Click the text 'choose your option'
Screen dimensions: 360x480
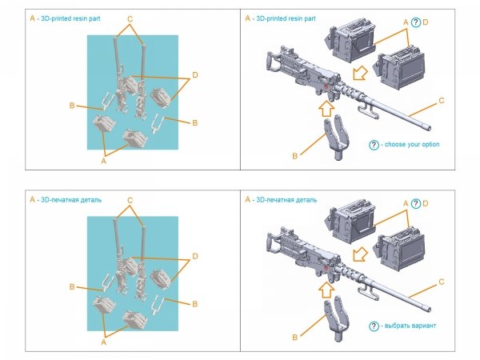(411, 145)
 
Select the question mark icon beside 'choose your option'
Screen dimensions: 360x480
(374, 145)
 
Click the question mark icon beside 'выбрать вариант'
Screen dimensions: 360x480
(374, 326)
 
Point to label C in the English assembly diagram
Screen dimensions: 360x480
(442, 101)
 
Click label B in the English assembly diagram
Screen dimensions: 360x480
(294, 156)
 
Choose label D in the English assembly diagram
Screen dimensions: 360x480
(426, 22)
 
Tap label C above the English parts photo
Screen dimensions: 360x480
(130, 18)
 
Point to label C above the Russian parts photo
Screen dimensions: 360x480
(130, 199)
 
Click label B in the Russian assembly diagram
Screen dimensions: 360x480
(294, 338)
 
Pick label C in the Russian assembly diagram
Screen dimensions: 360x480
(442, 282)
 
